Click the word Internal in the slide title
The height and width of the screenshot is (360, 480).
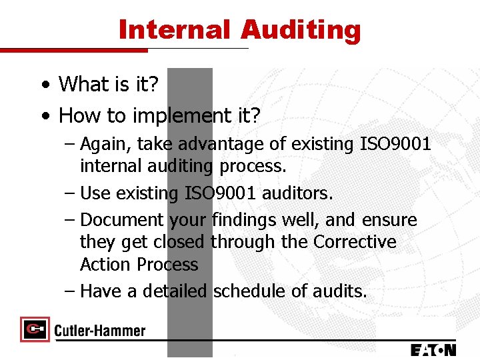[x=174, y=30]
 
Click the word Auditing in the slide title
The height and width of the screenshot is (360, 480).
[x=301, y=30]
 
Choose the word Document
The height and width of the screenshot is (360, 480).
[x=121, y=220]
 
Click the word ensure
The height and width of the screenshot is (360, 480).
[x=389, y=220]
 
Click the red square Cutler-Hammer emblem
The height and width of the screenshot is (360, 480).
[x=35, y=329]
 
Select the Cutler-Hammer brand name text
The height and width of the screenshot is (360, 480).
[x=100, y=330]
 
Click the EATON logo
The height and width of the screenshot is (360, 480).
[x=433, y=349]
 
